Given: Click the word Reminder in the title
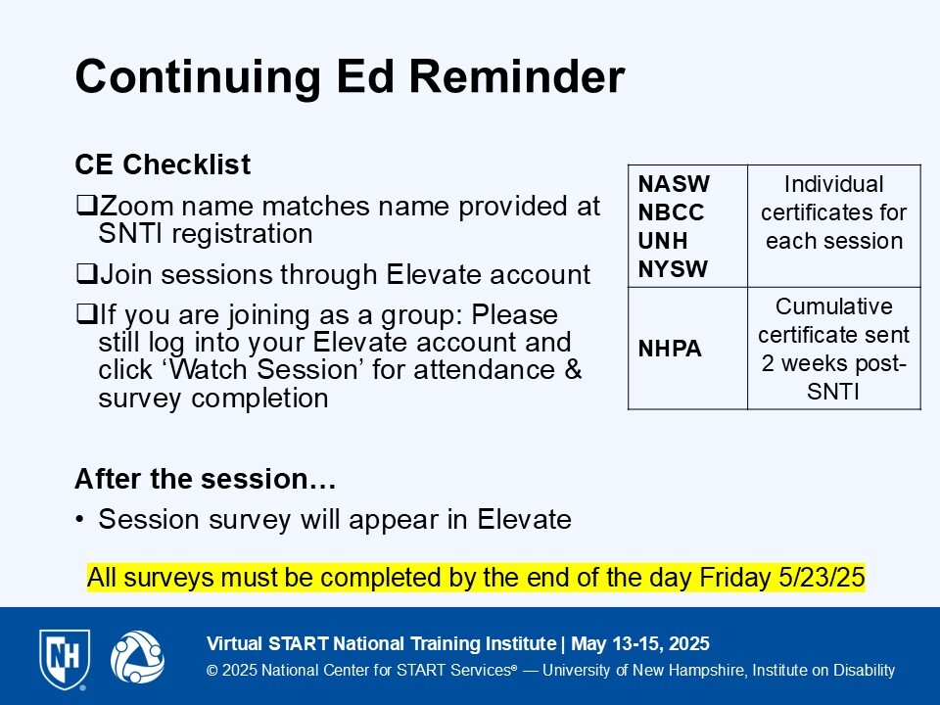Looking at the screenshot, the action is pyautogui.click(x=517, y=76).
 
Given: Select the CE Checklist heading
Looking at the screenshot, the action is pyautogui.click(x=163, y=164).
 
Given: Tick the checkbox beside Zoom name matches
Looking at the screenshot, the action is pyautogui.click(x=87, y=206).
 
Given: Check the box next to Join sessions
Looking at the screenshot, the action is pyautogui.click(x=87, y=274).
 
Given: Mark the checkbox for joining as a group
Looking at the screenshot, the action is pyautogui.click(x=87, y=314).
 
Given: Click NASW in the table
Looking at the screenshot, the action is pyautogui.click(x=674, y=184).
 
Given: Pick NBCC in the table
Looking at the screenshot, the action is pyautogui.click(x=671, y=212).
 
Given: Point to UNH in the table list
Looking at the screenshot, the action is pyautogui.click(x=663, y=241).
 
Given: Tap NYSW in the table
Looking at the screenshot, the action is pyautogui.click(x=673, y=269).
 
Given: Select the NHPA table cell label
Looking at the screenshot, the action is pyautogui.click(x=670, y=349).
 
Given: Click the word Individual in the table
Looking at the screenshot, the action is pyautogui.click(x=833, y=184).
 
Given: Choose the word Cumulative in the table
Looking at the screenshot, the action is pyautogui.click(x=834, y=306).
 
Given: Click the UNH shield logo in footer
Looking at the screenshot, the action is pyautogui.click(x=65, y=659).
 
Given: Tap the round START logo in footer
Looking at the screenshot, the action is pyautogui.click(x=137, y=657).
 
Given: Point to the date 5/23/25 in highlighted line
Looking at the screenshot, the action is pyautogui.click(x=822, y=578).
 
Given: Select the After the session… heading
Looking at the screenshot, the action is pyautogui.click(x=205, y=479).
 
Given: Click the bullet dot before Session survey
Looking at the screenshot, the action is pyautogui.click(x=79, y=520).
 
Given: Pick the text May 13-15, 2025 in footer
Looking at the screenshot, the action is pyautogui.click(x=640, y=644).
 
